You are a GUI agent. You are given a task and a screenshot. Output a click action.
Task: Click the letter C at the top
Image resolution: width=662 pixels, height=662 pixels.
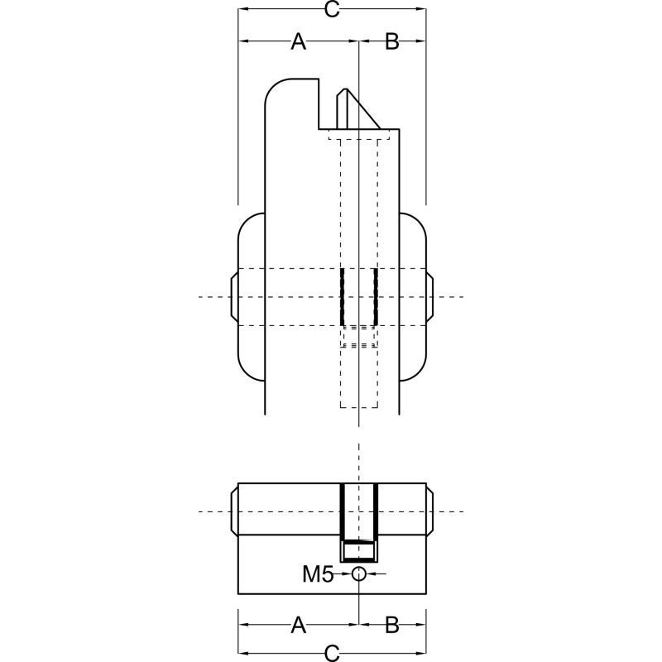(333, 9)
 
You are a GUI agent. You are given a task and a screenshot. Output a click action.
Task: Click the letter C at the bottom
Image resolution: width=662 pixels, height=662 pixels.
(333, 653)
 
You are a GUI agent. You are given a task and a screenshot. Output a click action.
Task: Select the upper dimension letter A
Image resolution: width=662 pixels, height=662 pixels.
(299, 41)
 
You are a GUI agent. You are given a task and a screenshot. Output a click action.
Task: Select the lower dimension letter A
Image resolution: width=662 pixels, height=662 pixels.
(299, 625)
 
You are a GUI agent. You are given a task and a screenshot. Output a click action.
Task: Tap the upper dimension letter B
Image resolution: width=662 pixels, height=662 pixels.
(392, 41)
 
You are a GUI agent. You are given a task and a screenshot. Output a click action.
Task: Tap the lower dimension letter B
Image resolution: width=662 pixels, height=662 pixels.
(392, 625)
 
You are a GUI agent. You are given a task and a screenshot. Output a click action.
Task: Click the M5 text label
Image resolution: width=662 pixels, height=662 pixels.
(318, 574)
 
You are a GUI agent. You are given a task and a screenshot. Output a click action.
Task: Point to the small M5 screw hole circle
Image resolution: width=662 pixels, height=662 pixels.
(358, 574)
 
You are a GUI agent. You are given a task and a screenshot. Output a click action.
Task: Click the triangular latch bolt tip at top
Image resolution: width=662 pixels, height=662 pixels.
(358, 109)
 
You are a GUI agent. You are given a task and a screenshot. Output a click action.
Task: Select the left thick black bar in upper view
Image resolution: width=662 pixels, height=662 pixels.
(342, 297)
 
